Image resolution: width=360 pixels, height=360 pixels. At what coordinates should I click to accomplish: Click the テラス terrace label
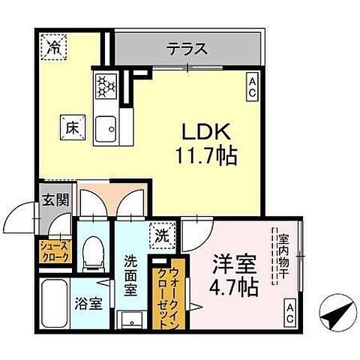pos(188,49)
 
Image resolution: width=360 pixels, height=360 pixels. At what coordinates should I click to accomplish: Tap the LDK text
pos(206,132)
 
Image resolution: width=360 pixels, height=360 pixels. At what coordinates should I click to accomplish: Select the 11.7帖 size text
pos(206,155)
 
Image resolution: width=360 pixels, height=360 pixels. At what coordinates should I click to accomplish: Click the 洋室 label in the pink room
pos(234,264)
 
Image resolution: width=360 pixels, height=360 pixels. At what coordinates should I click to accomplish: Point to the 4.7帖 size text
pos(233,287)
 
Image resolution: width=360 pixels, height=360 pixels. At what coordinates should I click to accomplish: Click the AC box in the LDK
pos(252,87)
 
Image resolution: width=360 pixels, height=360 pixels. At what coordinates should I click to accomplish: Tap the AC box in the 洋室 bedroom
pos(290,313)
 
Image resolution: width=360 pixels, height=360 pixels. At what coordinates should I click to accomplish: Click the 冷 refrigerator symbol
pos(54,47)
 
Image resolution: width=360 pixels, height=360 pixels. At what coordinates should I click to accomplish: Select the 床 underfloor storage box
pos(73,127)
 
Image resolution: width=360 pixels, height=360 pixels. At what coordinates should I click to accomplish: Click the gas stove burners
pos(106,85)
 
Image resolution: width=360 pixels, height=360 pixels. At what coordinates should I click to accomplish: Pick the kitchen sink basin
pos(106,129)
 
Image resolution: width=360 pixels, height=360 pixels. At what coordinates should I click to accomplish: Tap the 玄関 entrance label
pos(55,200)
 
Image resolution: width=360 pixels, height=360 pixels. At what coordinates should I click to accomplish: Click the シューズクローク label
pos(55,251)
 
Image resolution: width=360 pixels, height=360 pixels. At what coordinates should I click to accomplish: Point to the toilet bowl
pos(94,254)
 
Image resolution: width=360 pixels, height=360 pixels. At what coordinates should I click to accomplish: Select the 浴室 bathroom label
pos(89,304)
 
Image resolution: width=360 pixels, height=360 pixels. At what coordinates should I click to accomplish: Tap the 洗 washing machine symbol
pos(162,236)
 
